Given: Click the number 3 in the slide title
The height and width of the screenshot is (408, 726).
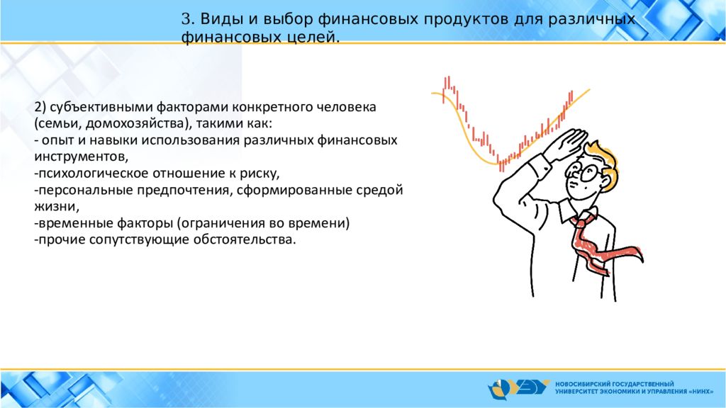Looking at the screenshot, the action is click(186, 19).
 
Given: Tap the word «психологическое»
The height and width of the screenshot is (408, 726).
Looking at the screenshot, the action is click(94, 174).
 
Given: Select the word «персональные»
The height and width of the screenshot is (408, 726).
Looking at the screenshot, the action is click(86, 190).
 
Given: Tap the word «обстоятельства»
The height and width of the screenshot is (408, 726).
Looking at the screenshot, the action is click(242, 239).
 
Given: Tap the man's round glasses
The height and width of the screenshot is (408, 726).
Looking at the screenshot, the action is click(585, 172).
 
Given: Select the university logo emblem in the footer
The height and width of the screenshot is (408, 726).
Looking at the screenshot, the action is click(518, 388).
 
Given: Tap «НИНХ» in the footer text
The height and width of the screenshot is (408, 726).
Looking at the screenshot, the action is click(701, 391).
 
